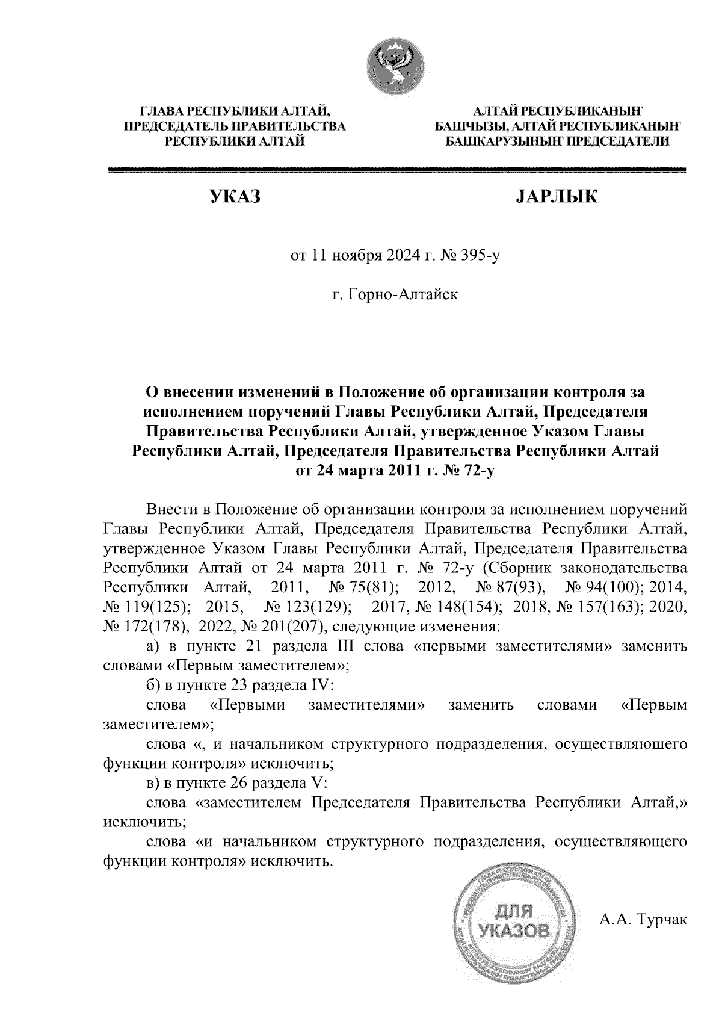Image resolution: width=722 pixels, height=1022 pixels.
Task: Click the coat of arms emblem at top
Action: [x=396, y=64]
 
